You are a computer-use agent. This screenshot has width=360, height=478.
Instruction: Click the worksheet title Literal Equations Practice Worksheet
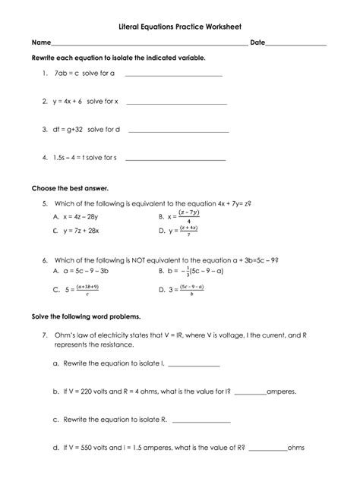[179, 25]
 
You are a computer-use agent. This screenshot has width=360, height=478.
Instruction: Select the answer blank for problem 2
[176, 102]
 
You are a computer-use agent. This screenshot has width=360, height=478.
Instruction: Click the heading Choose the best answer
[70, 187]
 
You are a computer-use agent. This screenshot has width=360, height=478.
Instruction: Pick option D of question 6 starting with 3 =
[187, 288]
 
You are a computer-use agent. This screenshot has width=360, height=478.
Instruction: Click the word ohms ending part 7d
[295, 448]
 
